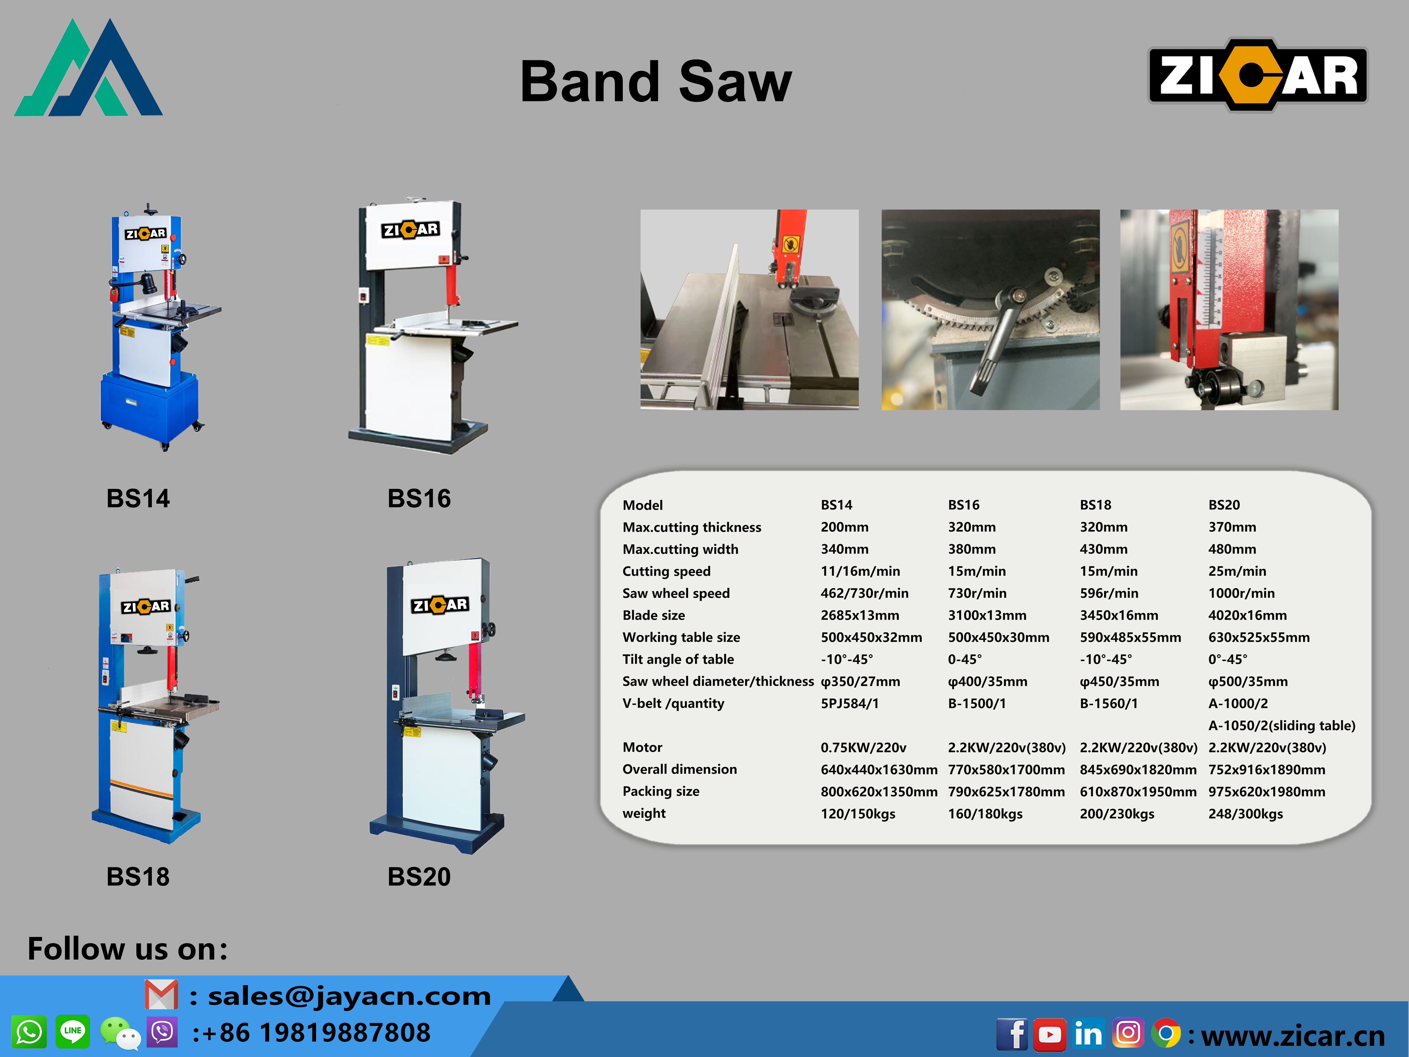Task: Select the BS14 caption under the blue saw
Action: (138, 498)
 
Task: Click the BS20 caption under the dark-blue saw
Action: (419, 877)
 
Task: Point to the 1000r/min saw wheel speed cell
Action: (1242, 593)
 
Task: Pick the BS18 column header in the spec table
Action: (1096, 505)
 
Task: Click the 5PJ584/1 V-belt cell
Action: (850, 704)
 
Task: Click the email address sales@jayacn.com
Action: (349, 996)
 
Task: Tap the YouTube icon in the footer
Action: (1050, 1034)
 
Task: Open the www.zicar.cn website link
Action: (1293, 1036)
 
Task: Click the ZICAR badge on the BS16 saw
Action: (410, 229)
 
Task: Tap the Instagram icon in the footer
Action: (1128, 1033)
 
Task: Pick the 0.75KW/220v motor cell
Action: (863, 747)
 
